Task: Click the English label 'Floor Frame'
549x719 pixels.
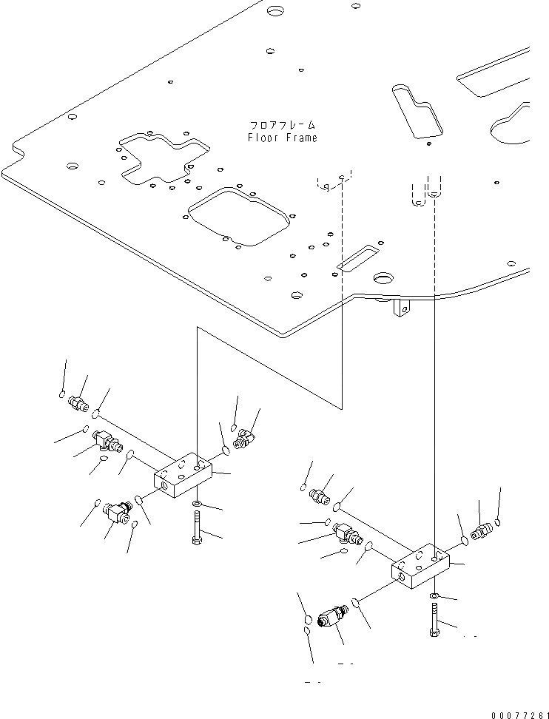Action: click(282, 138)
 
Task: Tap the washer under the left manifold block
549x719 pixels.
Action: click(197, 504)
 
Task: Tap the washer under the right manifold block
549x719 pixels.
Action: click(434, 595)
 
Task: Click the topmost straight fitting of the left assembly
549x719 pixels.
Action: click(77, 404)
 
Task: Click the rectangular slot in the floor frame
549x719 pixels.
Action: click(356, 255)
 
